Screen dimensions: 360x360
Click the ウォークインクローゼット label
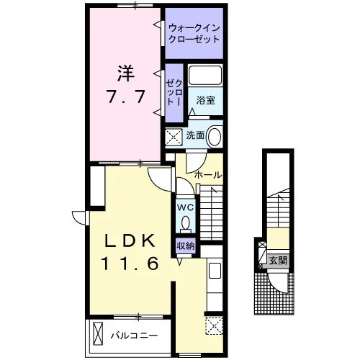(x=194, y=34)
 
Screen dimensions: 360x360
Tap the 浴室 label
(x=205, y=100)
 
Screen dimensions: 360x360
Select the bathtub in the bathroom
(x=205, y=75)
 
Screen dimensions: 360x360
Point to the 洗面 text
(x=195, y=135)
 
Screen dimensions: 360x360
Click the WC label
(x=185, y=207)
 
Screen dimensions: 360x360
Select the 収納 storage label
(x=186, y=246)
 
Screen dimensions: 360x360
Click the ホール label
(x=207, y=175)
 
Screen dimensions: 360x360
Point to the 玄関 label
(x=278, y=261)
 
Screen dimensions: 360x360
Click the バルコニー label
(x=134, y=336)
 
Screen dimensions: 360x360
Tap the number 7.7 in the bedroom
(x=125, y=96)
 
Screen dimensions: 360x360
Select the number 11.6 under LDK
(x=130, y=263)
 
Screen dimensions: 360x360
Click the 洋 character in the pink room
(x=125, y=73)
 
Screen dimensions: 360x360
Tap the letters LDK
(x=130, y=241)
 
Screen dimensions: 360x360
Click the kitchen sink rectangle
(x=215, y=271)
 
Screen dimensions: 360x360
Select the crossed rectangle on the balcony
(x=98, y=333)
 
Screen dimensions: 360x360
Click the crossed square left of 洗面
(x=174, y=137)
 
